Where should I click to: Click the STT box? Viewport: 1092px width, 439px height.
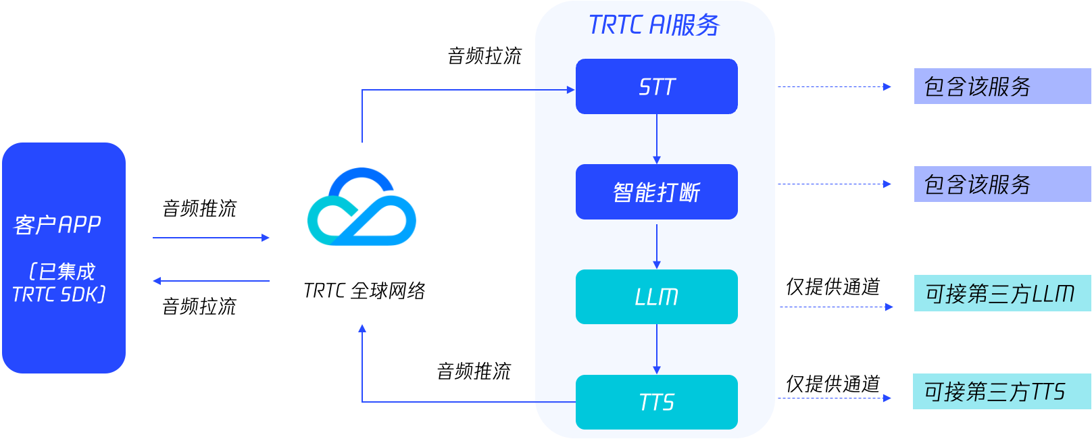point(656,86)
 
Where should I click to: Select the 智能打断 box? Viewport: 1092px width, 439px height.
point(656,192)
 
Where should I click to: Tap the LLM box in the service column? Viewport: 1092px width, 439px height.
point(656,296)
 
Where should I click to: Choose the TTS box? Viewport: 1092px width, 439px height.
point(656,402)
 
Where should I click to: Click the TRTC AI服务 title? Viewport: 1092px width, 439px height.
point(654,25)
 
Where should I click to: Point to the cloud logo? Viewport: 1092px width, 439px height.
point(362,207)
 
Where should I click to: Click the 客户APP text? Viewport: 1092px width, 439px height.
point(57,224)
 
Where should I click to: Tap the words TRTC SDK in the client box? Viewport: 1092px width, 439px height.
point(59,294)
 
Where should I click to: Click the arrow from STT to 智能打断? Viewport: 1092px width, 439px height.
point(657,139)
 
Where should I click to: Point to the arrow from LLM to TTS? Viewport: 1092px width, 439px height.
point(657,349)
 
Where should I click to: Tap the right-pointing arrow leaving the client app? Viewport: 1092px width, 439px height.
point(211,238)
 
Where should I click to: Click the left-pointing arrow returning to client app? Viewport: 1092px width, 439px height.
point(211,281)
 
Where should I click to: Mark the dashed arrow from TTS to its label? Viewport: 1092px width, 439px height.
point(834,398)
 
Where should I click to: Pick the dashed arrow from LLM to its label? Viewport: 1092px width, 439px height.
point(836,307)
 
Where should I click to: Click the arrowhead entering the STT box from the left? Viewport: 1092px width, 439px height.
point(570,90)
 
